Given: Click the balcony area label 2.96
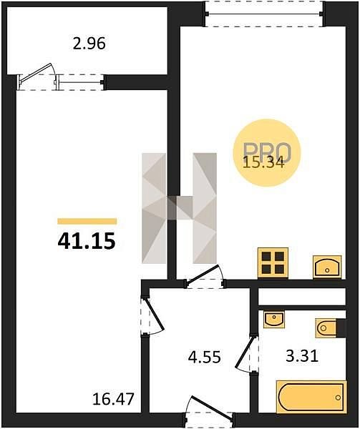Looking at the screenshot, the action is (89, 44).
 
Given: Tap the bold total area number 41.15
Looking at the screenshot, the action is (87, 242).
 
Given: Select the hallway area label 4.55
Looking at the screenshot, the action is (204, 357).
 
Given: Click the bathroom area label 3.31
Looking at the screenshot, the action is (302, 356).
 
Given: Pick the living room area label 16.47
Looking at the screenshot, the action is (113, 399).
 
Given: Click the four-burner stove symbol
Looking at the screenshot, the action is (273, 263).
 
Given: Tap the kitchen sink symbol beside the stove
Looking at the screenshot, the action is (327, 267).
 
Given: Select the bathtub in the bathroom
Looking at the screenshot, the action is (311, 397).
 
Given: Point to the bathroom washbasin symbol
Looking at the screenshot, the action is (274, 319).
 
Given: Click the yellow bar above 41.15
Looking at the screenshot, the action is (87, 222).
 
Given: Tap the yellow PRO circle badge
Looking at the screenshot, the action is (267, 153).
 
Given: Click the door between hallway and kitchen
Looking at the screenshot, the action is (205, 275).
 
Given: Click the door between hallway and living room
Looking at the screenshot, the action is (152, 315).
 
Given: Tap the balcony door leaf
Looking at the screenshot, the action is (37, 73).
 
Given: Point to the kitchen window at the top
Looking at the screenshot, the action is (265, 14).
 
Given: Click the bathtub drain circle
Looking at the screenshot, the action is (338, 398).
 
